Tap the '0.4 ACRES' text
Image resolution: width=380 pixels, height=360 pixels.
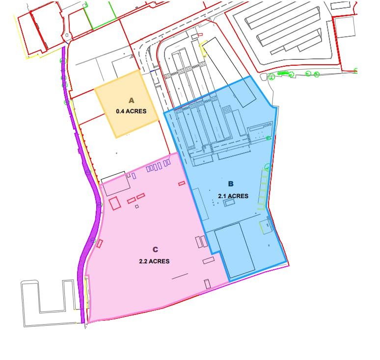point(131,111)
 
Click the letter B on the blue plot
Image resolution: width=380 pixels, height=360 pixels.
point(231,184)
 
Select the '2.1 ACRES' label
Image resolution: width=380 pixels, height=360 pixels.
point(233,196)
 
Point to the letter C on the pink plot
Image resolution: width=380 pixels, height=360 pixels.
point(155,250)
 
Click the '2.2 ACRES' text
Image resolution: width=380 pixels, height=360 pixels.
point(154,261)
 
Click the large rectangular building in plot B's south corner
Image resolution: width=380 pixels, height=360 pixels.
point(235,250)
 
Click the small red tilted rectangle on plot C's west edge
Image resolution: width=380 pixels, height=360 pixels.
point(99,243)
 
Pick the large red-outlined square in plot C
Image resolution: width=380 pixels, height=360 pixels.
point(115,204)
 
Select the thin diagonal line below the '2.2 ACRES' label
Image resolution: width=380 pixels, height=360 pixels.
point(180,276)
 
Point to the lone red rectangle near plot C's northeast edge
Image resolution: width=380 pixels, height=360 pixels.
point(182,183)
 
